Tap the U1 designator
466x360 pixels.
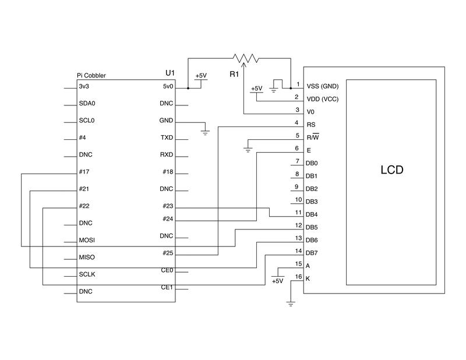coord(170,73)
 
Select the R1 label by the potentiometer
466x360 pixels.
coord(234,75)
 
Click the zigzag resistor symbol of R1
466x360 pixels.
coord(245,58)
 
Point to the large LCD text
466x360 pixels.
coord(391,171)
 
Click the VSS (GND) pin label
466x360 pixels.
coord(322,86)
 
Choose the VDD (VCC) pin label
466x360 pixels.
coord(322,98)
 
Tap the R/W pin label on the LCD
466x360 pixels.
coord(312,137)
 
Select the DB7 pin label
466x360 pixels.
coord(312,253)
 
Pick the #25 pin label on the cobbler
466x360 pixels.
coord(168,253)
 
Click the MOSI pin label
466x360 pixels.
coord(87,240)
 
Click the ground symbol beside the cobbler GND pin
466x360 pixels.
coord(205,132)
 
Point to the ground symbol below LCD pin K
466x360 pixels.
coord(290,302)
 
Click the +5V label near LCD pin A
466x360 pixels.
coord(277,281)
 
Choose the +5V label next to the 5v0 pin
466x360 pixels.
coord(200,76)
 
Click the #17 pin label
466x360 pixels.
coord(83,172)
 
